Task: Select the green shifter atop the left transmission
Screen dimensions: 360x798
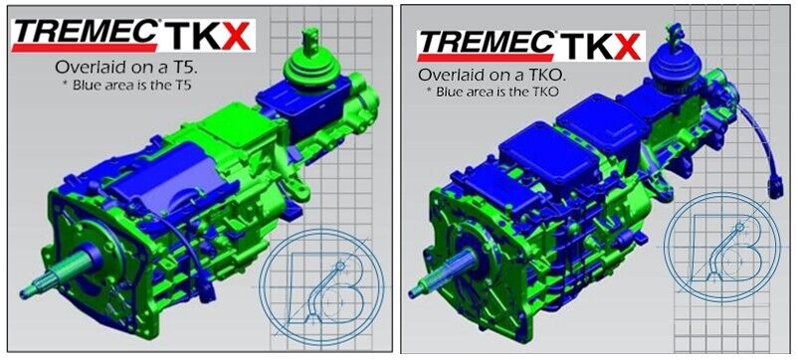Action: point(309,65)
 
